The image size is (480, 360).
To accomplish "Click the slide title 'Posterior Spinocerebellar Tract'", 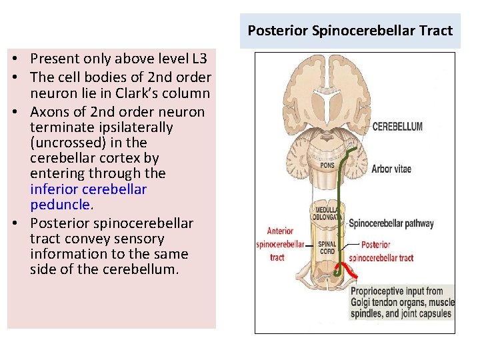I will [350, 31].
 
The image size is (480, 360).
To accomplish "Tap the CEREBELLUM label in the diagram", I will [397, 127].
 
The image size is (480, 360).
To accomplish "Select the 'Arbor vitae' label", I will [391, 169].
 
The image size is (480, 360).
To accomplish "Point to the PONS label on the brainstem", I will [327, 165].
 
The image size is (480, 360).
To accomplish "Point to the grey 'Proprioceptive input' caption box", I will [402, 302].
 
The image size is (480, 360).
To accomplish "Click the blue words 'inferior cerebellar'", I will [88, 189].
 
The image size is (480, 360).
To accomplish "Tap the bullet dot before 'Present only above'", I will [13, 59].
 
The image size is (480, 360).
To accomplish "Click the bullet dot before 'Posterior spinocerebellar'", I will [13, 223].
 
